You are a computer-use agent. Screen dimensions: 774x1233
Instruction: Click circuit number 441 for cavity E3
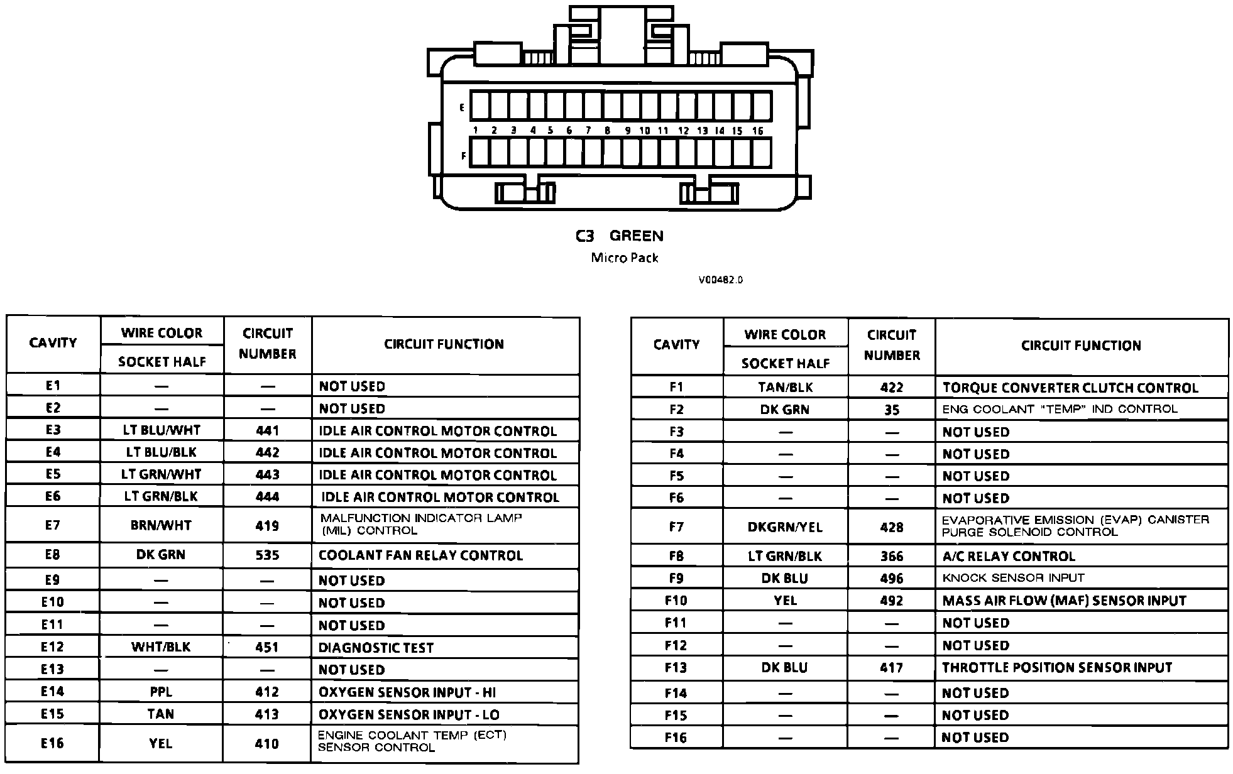pyautogui.click(x=267, y=431)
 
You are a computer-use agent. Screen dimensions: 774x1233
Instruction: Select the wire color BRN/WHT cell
pyautogui.click(x=161, y=525)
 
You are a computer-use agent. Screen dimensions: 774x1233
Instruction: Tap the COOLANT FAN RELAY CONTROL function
pyautogui.click(x=420, y=555)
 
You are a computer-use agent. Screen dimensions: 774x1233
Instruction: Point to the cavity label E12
pyautogui.click(x=53, y=647)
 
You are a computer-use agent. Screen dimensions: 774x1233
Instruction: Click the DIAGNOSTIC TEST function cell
pyautogui.click(x=376, y=648)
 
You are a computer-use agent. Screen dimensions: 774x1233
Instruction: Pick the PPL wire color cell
pyautogui.click(x=161, y=692)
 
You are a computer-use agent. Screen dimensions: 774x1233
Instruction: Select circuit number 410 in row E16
pyautogui.click(x=267, y=744)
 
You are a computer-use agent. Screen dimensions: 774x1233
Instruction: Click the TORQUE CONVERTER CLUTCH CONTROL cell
pyautogui.click(x=1070, y=388)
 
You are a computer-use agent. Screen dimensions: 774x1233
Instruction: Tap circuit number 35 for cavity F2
pyautogui.click(x=892, y=410)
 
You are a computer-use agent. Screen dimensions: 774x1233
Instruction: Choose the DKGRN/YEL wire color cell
pyautogui.click(x=785, y=527)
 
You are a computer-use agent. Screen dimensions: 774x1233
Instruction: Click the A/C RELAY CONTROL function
pyautogui.click(x=1009, y=557)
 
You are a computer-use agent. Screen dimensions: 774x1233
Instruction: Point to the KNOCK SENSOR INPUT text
pyautogui.click(x=1013, y=578)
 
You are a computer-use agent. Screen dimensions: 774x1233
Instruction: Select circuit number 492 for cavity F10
pyautogui.click(x=892, y=601)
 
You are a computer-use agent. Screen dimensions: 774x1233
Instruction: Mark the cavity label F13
pyautogui.click(x=676, y=668)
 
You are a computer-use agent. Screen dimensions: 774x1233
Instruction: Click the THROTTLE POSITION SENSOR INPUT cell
pyautogui.click(x=1057, y=668)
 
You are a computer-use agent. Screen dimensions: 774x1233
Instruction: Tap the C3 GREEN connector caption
pyautogui.click(x=620, y=236)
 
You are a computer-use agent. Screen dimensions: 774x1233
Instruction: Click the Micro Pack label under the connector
pyautogui.click(x=625, y=258)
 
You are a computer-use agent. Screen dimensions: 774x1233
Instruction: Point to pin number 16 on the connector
pyautogui.click(x=758, y=131)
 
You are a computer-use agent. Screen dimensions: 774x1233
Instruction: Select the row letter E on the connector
pyautogui.click(x=462, y=107)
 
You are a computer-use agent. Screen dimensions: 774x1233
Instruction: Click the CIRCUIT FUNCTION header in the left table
pyautogui.click(x=444, y=344)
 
